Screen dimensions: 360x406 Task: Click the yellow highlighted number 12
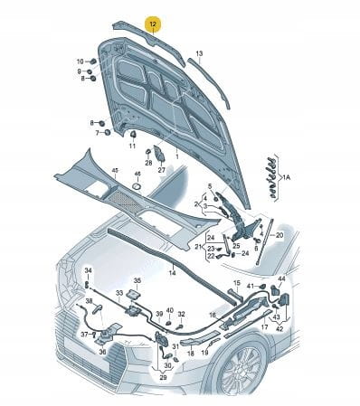[x=153, y=24]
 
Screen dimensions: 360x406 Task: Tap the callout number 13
[x=199, y=53]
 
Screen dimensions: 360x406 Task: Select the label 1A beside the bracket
[x=286, y=178]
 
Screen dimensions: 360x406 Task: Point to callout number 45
[x=115, y=171]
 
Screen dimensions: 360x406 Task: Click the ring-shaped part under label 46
[x=137, y=185]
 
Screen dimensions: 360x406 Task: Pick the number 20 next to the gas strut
[x=279, y=235]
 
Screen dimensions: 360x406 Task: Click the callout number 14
[x=172, y=273]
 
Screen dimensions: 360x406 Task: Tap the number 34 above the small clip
[x=88, y=270]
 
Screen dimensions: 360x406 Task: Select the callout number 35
[x=137, y=280]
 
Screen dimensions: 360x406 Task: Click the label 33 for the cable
[x=119, y=293]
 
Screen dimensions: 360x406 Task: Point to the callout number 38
[x=89, y=300]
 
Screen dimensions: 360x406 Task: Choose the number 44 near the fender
[x=281, y=279]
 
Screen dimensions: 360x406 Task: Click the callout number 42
[x=279, y=328]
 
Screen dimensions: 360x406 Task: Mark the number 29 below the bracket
[x=163, y=377]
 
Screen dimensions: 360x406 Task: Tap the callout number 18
[x=191, y=353]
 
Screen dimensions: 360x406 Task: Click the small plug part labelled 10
[x=93, y=61]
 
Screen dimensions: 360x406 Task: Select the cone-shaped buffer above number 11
[x=133, y=134]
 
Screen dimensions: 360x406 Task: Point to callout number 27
[x=162, y=170]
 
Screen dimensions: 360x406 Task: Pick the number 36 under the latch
[x=102, y=352]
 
